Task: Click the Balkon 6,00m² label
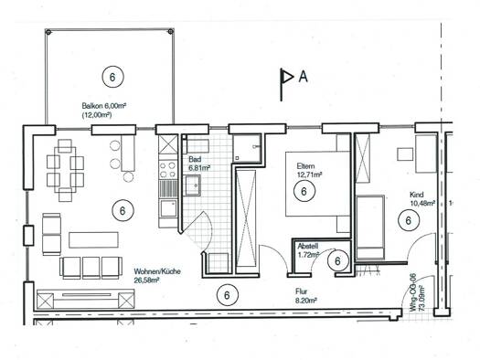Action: [x=104, y=106]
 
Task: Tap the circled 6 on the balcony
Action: [x=112, y=77]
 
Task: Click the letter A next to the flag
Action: [x=303, y=77]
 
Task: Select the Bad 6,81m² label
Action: [x=199, y=164]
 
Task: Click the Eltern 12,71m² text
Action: [x=309, y=171]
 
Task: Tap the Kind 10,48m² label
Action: [x=422, y=199]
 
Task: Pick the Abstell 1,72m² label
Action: [x=309, y=250]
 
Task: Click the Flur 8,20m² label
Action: [x=305, y=296]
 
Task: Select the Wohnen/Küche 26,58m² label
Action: [x=157, y=276]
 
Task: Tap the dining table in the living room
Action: [x=65, y=171]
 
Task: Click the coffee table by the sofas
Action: [x=93, y=240]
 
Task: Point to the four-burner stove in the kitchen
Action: [x=168, y=170]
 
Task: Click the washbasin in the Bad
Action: [x=193, y=185]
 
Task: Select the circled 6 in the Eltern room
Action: [x=304, y=191]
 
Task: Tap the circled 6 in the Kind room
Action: [x=409, y=220]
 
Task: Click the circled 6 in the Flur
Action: [x=227, y=295]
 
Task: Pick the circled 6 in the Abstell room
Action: [x=337, y=261]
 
